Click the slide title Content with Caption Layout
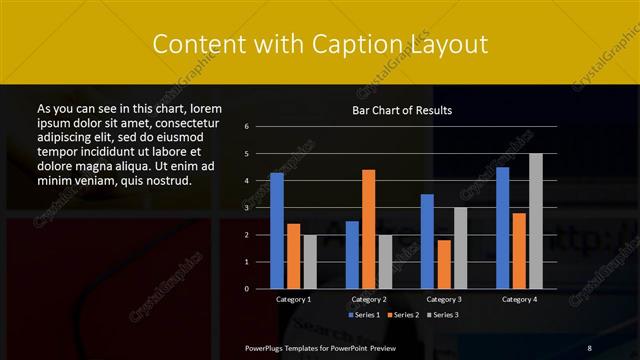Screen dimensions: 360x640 pyautogui.click(x=319, y=44)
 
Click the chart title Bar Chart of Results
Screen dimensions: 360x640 pyautogui.click(x=402, y=110)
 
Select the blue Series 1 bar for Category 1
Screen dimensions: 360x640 pyautogui.click(x=277, y=231)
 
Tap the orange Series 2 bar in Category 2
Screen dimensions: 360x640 pyautogui.click(x=368, y=229)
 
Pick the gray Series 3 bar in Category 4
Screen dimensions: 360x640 pyautogui.click(x=536, y=221)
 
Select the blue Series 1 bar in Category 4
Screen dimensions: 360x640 pyautogui.click(x=502, y=228)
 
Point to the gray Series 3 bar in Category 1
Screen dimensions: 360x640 pyautogui.click(x=310, y=262)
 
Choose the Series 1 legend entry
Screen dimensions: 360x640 pyautogui.click(x=366, y=315)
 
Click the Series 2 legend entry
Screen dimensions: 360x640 pyautogui.click(x=403, y=315)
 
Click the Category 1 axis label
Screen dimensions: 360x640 pyautogui.click(x=293, y=299)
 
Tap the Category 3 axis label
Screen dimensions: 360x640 pyautogui.click(x=444, y=299)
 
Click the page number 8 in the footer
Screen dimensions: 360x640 pyautogui.click(x=589, y=347)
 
